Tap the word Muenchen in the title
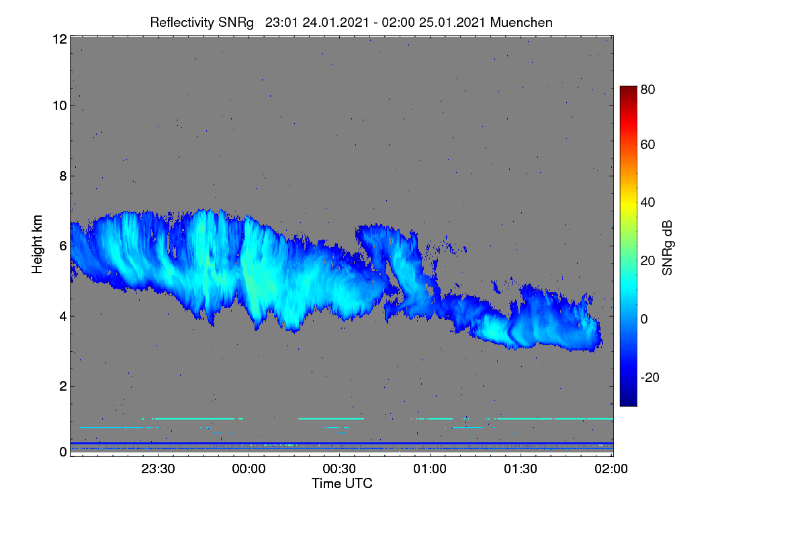tap(521, 22)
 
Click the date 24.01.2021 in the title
tap(336, 22)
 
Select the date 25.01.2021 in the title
tap(452, 22)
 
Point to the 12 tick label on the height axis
tap(60, 39)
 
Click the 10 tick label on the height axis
tap(60, 106)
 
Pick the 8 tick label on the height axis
tap(63, 177)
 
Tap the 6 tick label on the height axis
tap(63, 246)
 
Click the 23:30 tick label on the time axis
tap(158, 469)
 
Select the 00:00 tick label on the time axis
tap(249, 469)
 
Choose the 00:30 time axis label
tap(339, 469)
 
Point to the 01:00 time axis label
tap(430, 469)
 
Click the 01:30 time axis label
tap(521, 469)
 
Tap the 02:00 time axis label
tap(611, 469)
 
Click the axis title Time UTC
tap(342, 483)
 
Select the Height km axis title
tap(37, 244)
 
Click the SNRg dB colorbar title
tap(667, 248)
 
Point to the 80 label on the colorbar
tap(647, 89)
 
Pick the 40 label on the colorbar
tap(647, 203)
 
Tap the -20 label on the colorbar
tap(650, 377)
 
